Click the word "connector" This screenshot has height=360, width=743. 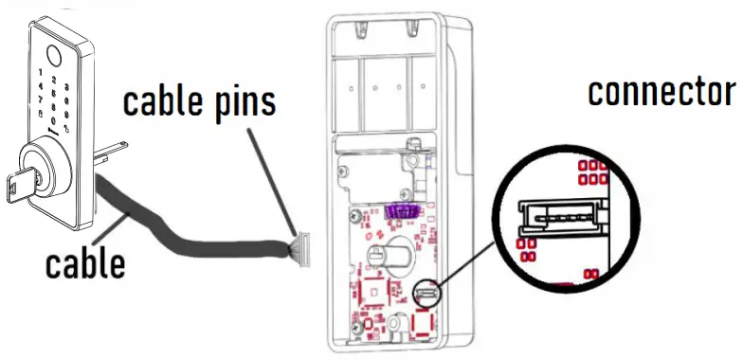click(661, 93)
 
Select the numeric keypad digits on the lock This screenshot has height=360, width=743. click(55, 93)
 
